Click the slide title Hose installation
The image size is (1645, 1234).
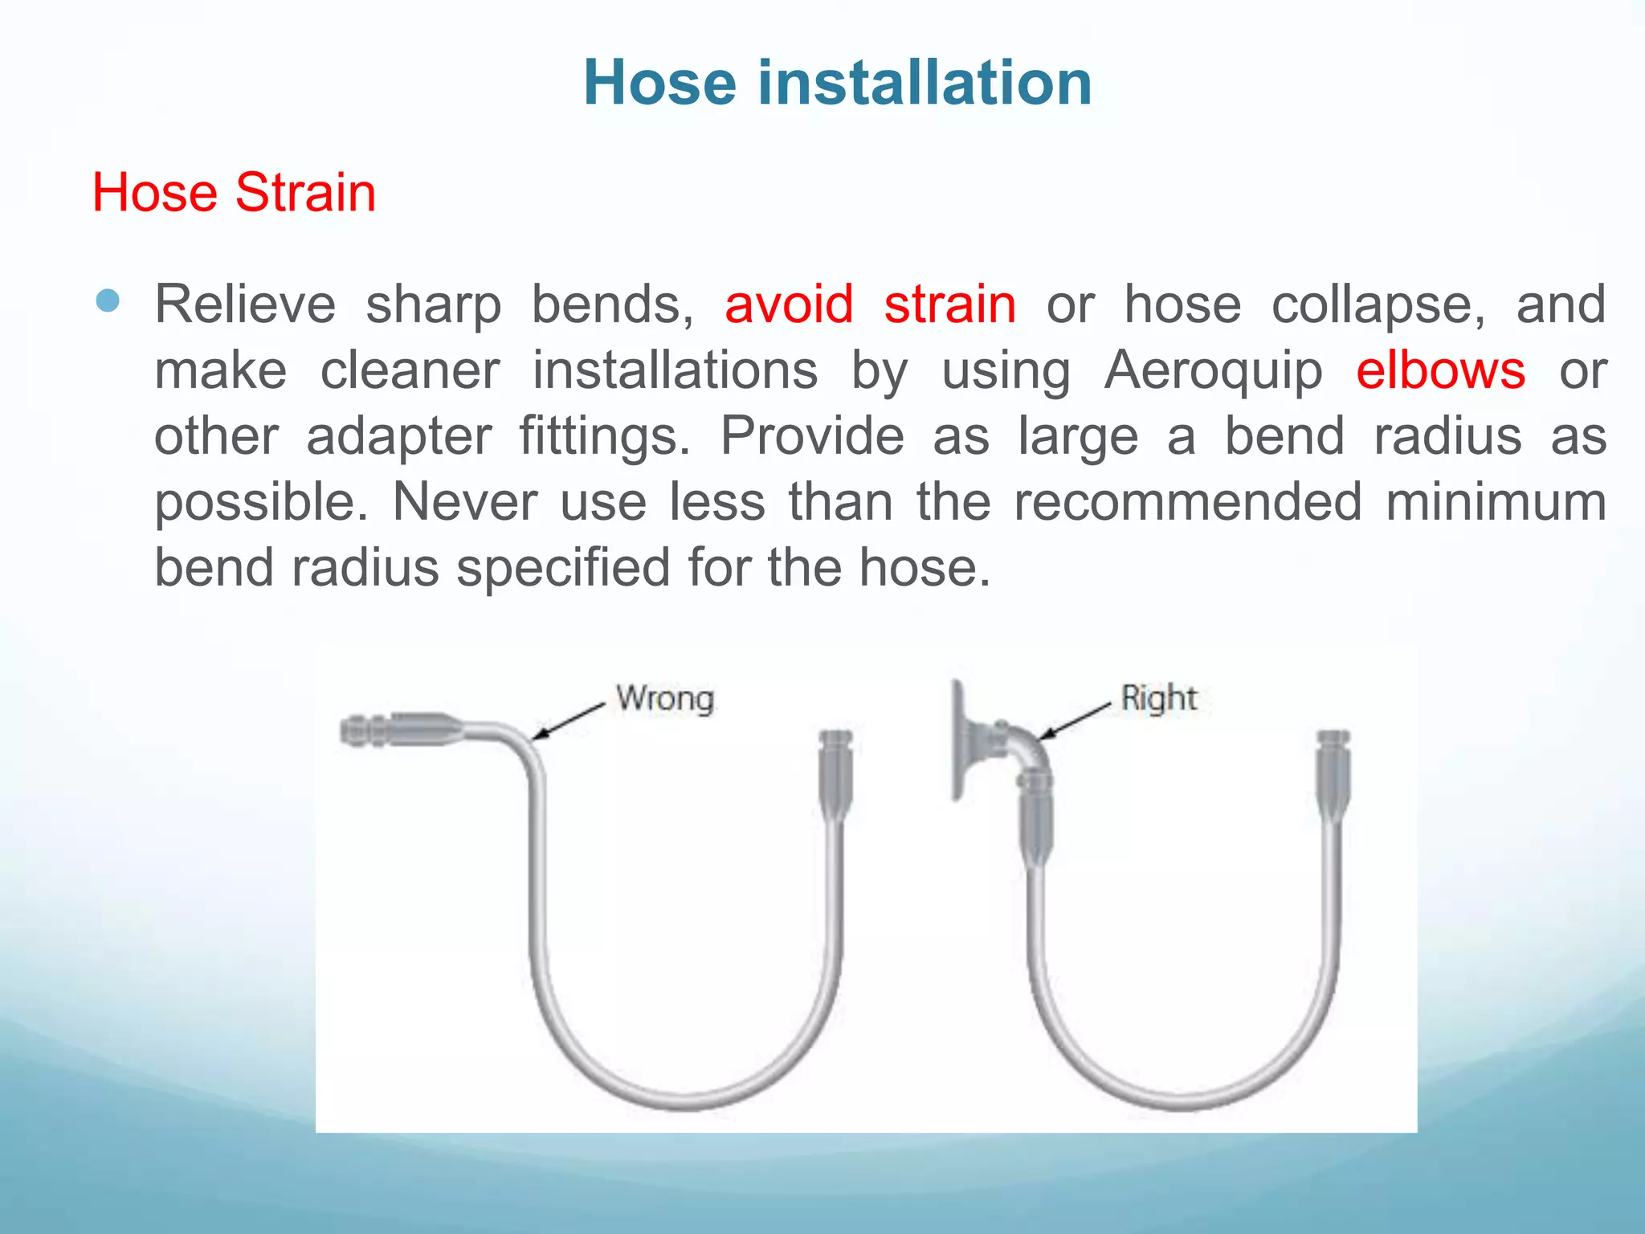(837, 83)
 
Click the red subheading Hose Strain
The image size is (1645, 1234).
(234, 193)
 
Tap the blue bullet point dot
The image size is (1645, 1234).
(107, 301)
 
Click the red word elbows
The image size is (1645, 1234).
(1440, 370)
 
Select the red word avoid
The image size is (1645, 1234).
(788, 304)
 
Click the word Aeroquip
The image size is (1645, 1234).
(1213, 370)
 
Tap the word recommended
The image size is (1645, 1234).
(1188, 502)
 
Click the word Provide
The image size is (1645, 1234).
(811, 436)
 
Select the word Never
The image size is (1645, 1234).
(463, 502)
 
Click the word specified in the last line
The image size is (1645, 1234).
(563, 568)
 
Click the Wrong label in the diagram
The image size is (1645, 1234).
(664, 698)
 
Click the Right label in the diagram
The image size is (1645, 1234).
(1158, 697)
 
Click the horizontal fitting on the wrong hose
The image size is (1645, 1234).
(398, 729)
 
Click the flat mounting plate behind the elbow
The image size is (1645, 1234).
(957, 740)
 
